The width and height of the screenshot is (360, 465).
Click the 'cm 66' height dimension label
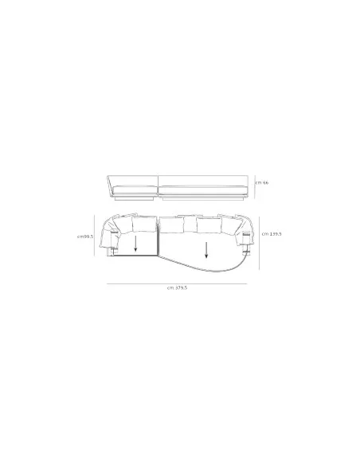262,182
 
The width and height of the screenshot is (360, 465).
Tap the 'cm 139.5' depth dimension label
271,233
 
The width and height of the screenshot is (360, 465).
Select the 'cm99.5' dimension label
86,236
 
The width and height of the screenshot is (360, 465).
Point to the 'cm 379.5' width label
178,287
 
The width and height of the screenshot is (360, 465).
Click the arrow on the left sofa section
135,242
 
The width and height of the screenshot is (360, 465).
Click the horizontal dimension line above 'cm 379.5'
178,281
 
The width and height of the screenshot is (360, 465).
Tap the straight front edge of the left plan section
135,256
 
